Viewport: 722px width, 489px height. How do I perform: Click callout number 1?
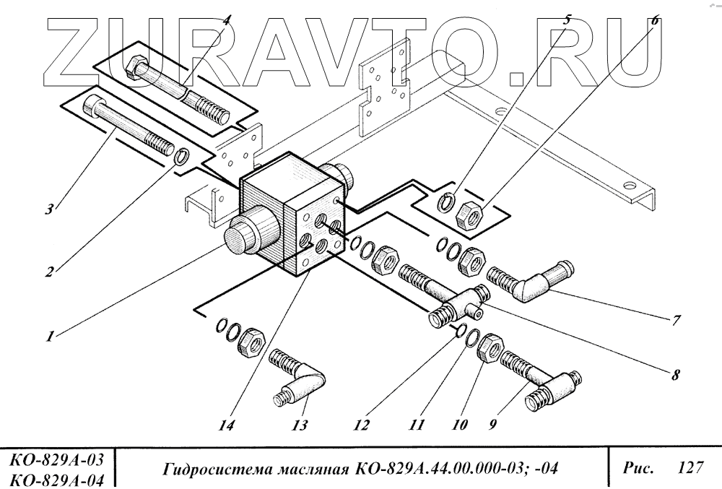pyautogui.click(x=49, y=337)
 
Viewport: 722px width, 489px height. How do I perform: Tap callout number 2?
pyautogui.click(x=49, y=273)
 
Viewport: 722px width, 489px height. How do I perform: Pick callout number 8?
pyautogui.click(x=675, y=374)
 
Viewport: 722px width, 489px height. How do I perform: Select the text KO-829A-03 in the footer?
pyautogui.click(x=58, y=459)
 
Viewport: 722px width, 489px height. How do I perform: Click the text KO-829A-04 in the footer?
pyautogui.click(x=58, y=479)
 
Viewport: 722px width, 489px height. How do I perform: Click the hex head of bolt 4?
pyautogui.click(x=134, y=69)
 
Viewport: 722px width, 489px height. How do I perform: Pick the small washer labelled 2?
pyautogui.click(x=183, y=155)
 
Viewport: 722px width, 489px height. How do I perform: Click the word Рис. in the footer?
pyautogui.click(x=638, y=468)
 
